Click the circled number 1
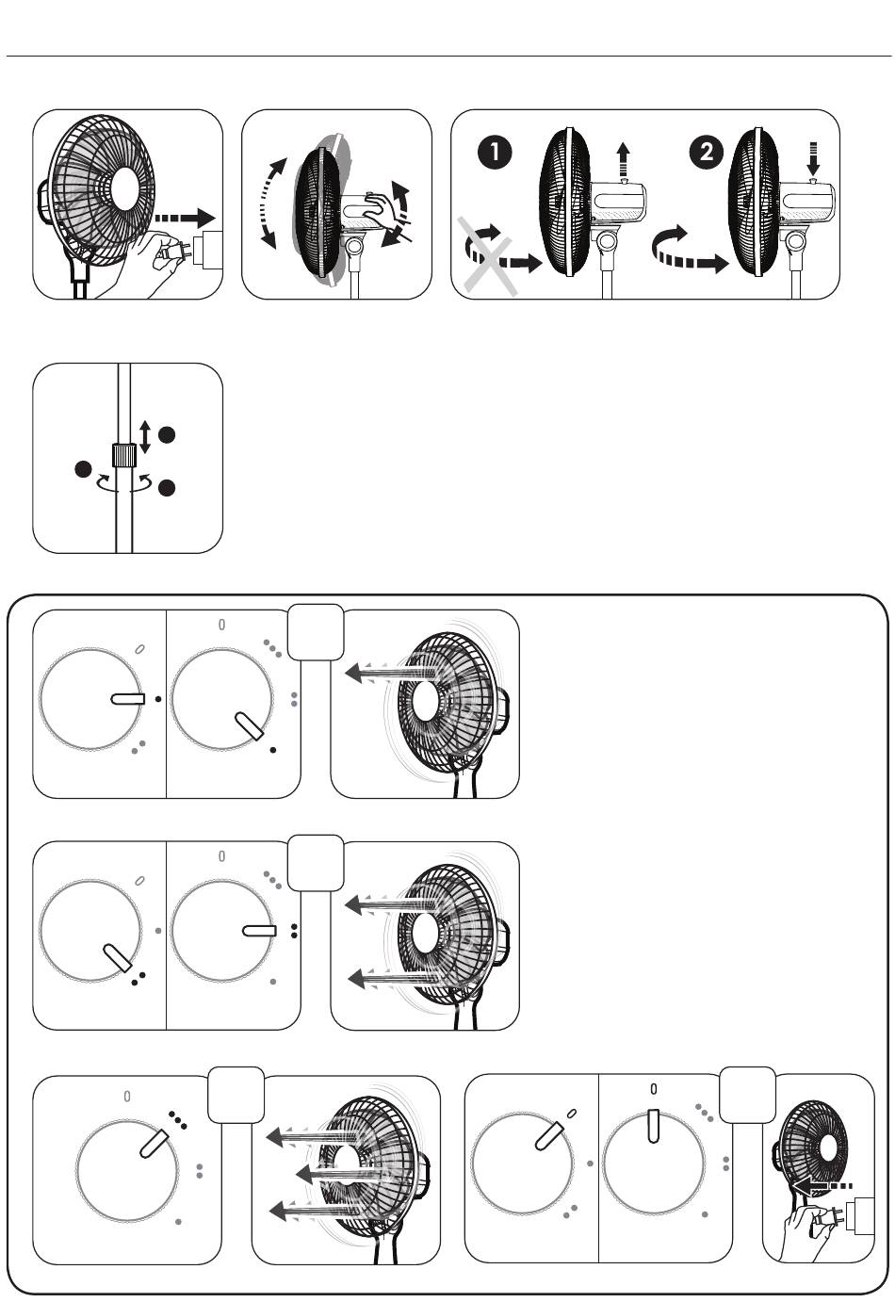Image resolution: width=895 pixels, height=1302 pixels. [x=495, y=153]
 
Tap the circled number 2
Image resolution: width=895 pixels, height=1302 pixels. [x=707, y=153]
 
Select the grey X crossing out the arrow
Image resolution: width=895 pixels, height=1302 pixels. [x=487, y=256]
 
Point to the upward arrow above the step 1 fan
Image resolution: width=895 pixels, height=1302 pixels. [x=623, y=158]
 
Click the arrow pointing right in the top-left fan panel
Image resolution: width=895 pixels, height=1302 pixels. [x=185, y=218]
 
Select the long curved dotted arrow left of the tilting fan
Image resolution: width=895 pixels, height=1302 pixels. [x=268, y=203]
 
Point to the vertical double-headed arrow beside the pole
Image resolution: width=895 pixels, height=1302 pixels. [x=145, y=438]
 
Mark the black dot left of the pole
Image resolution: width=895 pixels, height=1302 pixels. [x=84, y=469]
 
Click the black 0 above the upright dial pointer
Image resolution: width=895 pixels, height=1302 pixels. [x=654, y=1088]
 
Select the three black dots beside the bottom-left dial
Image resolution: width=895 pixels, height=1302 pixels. [x=178, y=1120]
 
